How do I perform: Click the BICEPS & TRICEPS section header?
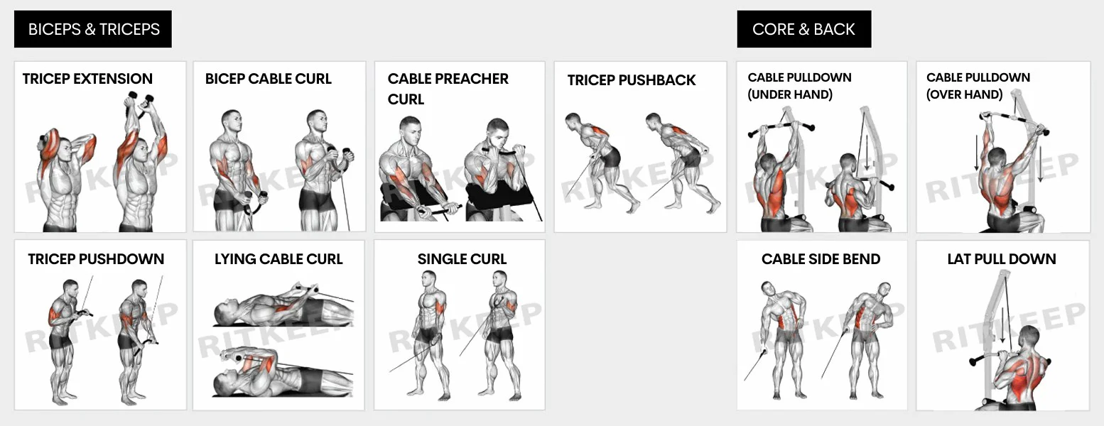click(x=93, y=29)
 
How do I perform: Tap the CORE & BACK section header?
click(x=803, y=29)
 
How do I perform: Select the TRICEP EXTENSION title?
click(x=87, y=79)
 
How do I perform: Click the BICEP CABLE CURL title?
click(x=269, y=79)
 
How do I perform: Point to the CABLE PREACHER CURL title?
click(x=448, y=89)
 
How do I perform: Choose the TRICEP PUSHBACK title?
click(x=632, y=80)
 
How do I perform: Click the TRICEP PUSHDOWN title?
click(x=96, y=259)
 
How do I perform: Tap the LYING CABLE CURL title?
click(x=278, y=259)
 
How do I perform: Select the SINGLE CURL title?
click(x=462, y=259)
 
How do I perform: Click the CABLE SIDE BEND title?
click(x=821, y=259)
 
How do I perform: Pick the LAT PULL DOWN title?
click(x=1002, y=259)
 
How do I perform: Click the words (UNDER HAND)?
click(x=790, y=94)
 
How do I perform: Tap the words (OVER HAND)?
click(x=964, y=94)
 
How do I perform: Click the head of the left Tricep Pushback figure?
click(x=571, y=120)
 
